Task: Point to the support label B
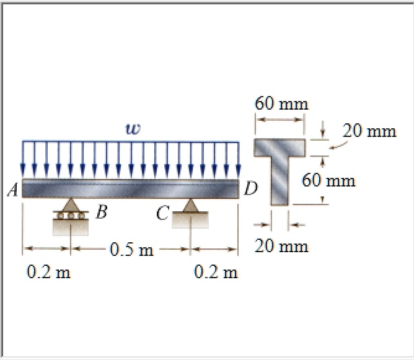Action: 101,213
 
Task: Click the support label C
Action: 162,214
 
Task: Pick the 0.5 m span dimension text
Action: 131,251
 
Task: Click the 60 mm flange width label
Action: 281,103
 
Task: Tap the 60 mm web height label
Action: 328,181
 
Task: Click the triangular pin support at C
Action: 190,204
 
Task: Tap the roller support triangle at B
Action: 71,205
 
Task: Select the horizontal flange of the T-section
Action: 280,147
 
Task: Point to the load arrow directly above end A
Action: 24,158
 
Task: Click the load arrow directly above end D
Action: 239,158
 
